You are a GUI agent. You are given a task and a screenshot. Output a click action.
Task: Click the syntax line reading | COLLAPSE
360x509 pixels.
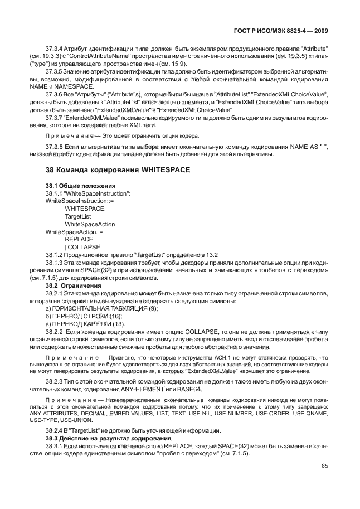pos(82,246)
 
